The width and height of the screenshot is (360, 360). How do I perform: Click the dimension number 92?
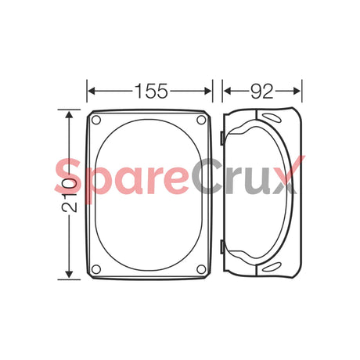click(x=261, y=90)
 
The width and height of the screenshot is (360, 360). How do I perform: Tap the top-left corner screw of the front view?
click(x=96, y=121)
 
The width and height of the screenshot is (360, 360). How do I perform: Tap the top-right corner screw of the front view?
click(x=202, y=121)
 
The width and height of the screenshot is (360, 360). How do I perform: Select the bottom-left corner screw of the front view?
click(x=96, y=269)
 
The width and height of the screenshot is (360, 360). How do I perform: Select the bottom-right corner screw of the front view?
click(x=202, y=269)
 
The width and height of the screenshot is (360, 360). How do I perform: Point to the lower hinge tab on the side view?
click(x=224, y=249)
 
